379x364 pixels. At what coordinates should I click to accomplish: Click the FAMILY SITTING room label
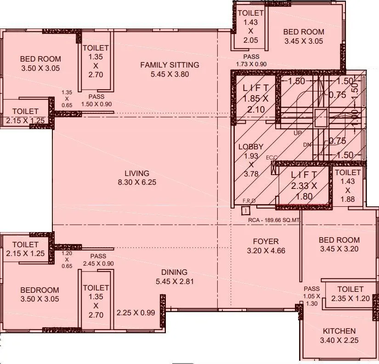point(170,69)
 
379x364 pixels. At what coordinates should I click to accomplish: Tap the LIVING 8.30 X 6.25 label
point(137,178)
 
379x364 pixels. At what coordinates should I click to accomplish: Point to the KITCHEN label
point(339,336)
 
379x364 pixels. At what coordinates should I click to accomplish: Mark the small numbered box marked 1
point(246,210)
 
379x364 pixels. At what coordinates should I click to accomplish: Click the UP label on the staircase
point(298,133)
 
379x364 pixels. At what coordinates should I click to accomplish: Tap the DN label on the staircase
point(307,144)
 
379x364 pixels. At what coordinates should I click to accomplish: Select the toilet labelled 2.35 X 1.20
point(350,294)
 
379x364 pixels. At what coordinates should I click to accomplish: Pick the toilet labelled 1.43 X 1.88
point(348,186)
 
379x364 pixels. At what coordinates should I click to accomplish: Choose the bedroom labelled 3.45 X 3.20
point(339,245)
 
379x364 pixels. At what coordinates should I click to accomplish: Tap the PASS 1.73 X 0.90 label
point(251,61)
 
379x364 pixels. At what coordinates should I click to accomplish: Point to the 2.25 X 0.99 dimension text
point(136,313)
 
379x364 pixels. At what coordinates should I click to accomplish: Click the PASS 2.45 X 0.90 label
point(98,260)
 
